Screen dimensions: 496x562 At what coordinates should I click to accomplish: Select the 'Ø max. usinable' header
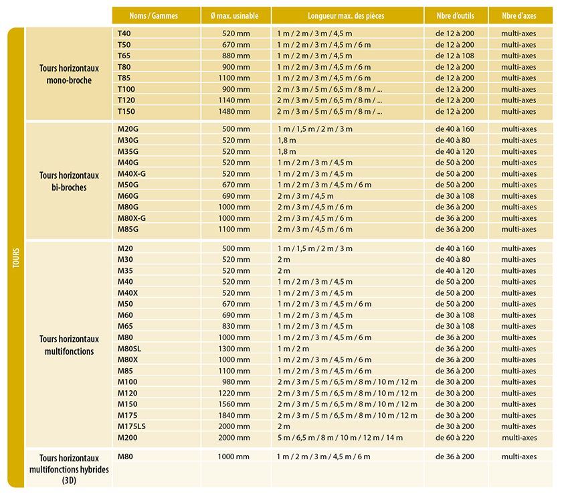(x=236, y=15)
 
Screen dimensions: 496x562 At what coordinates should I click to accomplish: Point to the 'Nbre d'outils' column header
(x=454, y=15)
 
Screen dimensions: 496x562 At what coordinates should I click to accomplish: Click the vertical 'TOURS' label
(x=15, y=258)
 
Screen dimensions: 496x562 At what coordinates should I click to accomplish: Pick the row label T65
(x=124, y=56)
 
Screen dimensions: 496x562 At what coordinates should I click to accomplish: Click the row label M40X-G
(x=131, y=173)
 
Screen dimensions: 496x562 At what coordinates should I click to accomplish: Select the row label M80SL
(x=129, y=349)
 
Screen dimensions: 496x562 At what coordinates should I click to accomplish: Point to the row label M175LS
(x=131, y=426)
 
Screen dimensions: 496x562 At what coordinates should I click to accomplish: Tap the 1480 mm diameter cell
(x=236, y=111)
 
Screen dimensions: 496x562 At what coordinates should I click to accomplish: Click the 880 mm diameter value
(x=236, y=56)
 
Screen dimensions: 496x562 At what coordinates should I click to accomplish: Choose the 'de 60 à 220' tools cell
(x=454, y=438)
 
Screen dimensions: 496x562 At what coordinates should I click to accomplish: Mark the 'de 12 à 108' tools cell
(x=454, y=56)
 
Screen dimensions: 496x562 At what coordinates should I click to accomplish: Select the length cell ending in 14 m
(x=340, y=438)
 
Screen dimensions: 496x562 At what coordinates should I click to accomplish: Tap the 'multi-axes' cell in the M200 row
(x=519, y=438)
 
